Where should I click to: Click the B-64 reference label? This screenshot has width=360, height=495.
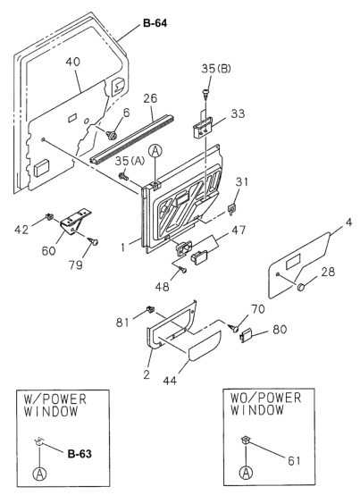coord(155,23)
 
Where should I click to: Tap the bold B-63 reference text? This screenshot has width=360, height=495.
coord(80,454)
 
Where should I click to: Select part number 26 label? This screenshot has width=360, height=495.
coord(150,98)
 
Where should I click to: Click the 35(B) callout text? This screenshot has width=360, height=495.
coord(216,69)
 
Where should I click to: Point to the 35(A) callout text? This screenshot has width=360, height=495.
coord(130,161)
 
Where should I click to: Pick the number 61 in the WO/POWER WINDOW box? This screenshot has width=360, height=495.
coord(294,460)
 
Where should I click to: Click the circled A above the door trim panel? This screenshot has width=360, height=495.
coord(155,152)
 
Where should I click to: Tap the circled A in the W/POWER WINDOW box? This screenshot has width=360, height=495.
coord(39,474)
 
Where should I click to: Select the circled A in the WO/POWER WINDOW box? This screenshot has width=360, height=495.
coord(246,473)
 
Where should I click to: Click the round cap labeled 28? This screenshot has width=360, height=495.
coord(302,287)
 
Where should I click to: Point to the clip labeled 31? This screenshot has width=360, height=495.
coord(232,209)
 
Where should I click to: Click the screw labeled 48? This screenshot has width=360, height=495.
coord(182,269)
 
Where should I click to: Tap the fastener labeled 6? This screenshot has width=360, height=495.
coord(112,136)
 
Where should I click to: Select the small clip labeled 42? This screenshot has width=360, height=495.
coord(49,216)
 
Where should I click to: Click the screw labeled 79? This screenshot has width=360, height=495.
coord(94,241)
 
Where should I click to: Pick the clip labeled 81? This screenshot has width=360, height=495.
coord(149,309)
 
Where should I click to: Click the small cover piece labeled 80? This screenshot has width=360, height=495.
coord(246,335)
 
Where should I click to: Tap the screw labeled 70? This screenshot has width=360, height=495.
coord(234,328)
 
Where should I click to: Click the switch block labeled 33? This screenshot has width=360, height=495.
coord(203,127)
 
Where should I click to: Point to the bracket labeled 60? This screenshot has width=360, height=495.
coord(75,222)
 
